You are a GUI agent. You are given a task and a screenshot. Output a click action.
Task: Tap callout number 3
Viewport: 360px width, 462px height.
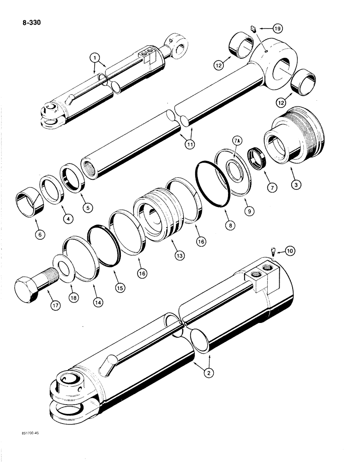coord(296,183)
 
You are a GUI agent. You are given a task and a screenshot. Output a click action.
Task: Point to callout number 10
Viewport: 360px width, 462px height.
coord(290,251)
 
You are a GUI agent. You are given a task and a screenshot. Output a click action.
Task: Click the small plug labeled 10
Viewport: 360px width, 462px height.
coord(273,252)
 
